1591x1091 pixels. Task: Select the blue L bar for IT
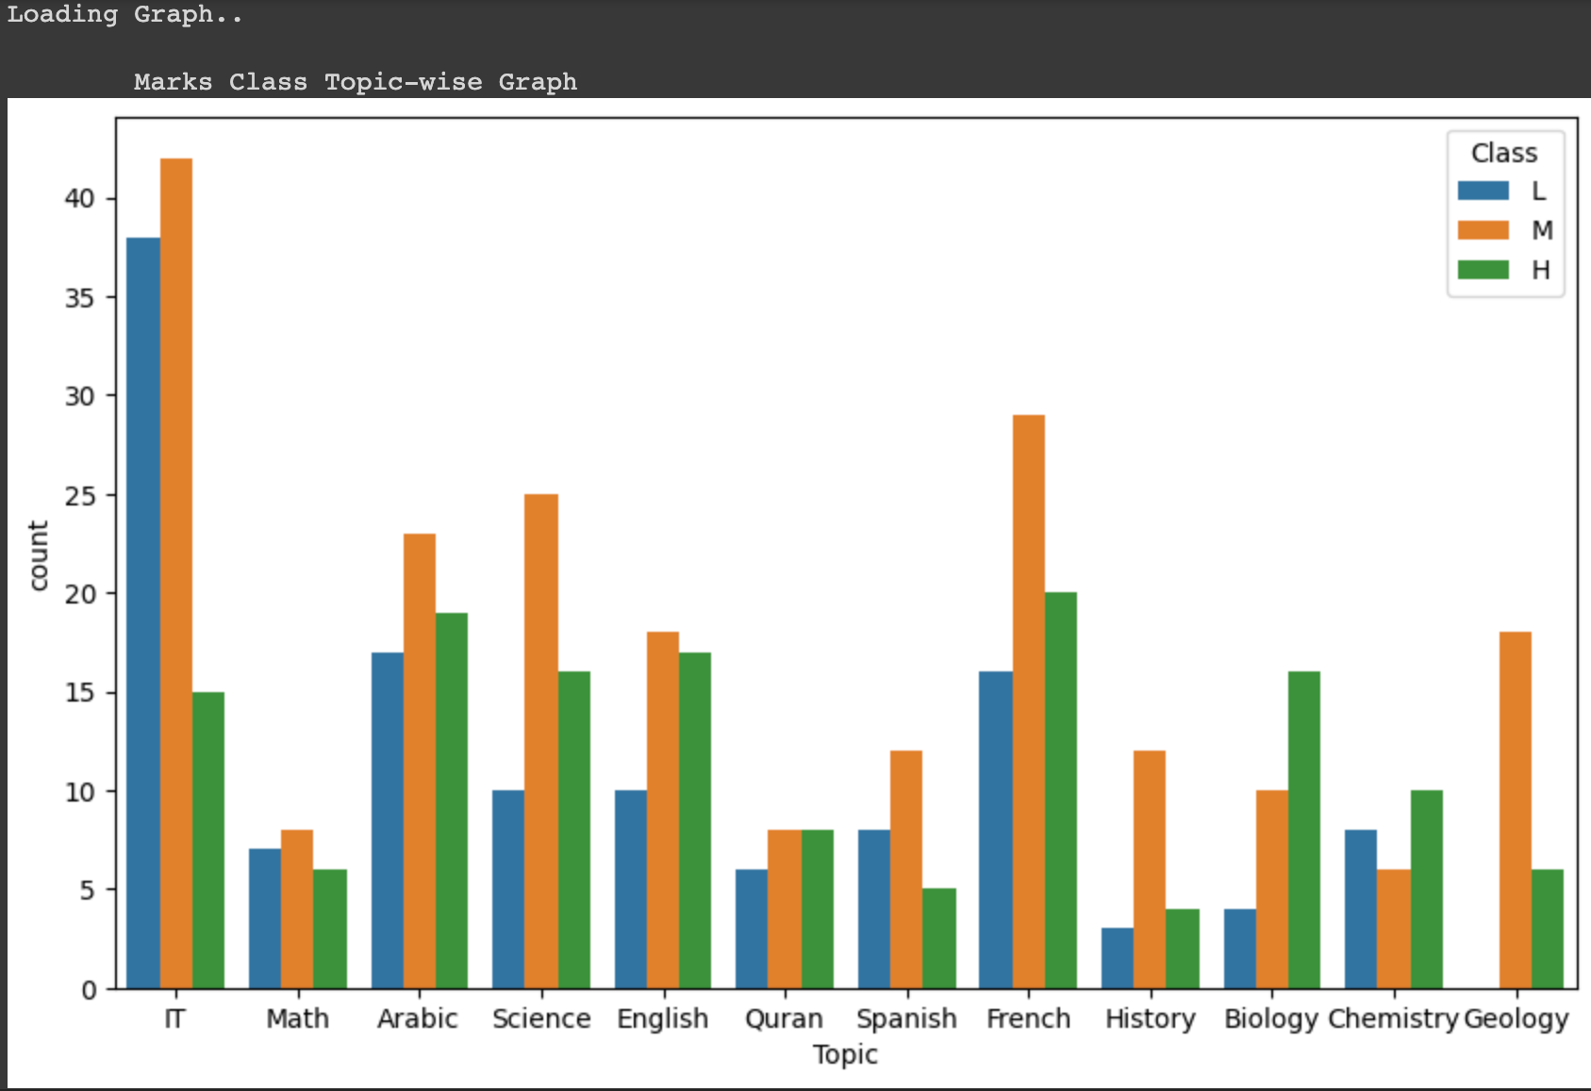[x=143, y=613]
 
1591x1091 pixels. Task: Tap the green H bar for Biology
[x=1303, y=830]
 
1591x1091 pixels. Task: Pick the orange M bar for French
[x=1028, y=702]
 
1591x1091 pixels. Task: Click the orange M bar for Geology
[x=1515, y=810]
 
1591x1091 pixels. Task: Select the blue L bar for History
[x=1117, y=958]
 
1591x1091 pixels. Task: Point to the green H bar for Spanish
[x=938, y=938]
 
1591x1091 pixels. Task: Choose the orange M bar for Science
[x=540, y=741]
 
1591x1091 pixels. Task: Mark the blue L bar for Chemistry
[x=1360, y=909]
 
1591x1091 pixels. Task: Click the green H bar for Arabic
[x=451, y=801]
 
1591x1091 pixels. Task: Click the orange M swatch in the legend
[x=1483, y=230]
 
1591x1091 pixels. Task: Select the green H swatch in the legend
[x=1483, y=270]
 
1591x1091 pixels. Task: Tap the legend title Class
[x=1504, y=153]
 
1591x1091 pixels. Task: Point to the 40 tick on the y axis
[x=80, y=198]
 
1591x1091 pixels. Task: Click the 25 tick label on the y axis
[x=80, y=495]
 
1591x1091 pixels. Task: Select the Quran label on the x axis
[x=784, y=1018]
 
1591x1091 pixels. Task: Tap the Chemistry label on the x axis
[x=1393, y=1018]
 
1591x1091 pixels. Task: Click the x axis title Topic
[x=845, y=1054]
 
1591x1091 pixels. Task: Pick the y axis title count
[x=38, y=555]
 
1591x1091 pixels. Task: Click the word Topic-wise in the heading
[x=403, y=82]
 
